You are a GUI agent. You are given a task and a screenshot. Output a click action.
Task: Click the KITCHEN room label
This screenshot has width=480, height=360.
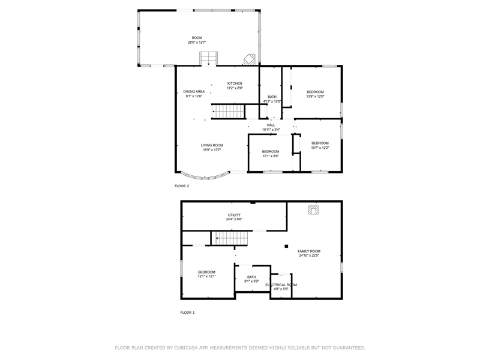coord(235,83)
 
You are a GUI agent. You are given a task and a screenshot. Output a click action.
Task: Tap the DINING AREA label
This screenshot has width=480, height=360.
coord(194,92)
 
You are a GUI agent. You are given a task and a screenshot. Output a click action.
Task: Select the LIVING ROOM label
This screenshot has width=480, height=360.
coord(212,145)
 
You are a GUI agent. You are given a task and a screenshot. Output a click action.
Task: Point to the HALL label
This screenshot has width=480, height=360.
coord(271,125)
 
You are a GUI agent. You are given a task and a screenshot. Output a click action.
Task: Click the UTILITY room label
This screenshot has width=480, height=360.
coord(234,215)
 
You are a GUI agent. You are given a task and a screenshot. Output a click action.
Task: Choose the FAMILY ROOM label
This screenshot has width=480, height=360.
coord(309,251)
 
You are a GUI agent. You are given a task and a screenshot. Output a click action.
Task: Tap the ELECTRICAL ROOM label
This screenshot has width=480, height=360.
coord(281,285)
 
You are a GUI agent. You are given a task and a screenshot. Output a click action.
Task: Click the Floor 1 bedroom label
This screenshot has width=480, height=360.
coord(206,272)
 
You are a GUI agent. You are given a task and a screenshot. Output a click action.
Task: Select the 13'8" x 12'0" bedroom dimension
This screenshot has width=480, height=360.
coord(316,97)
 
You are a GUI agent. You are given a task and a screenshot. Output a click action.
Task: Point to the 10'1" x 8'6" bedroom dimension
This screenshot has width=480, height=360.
coord(271,156)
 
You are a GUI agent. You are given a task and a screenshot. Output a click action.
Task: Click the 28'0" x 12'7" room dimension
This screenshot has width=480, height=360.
coord(197,43)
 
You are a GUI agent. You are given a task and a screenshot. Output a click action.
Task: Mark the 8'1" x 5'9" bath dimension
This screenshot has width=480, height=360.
coord(251,281)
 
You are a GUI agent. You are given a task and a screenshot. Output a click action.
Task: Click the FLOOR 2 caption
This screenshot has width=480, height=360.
coord(182,186)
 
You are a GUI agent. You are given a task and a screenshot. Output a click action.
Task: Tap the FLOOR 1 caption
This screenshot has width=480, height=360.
coord(187,313)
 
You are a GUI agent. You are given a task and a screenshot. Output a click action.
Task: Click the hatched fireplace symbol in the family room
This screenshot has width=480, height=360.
coord(313,210)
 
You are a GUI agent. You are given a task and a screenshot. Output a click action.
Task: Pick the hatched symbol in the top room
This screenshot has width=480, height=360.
coord(250,59)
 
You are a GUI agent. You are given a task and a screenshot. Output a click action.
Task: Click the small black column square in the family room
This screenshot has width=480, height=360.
coord(287,246)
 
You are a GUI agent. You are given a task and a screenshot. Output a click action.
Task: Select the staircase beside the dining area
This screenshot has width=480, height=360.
coord(229,112)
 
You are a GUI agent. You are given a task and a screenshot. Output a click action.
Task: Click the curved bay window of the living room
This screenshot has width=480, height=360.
coord(205,177)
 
